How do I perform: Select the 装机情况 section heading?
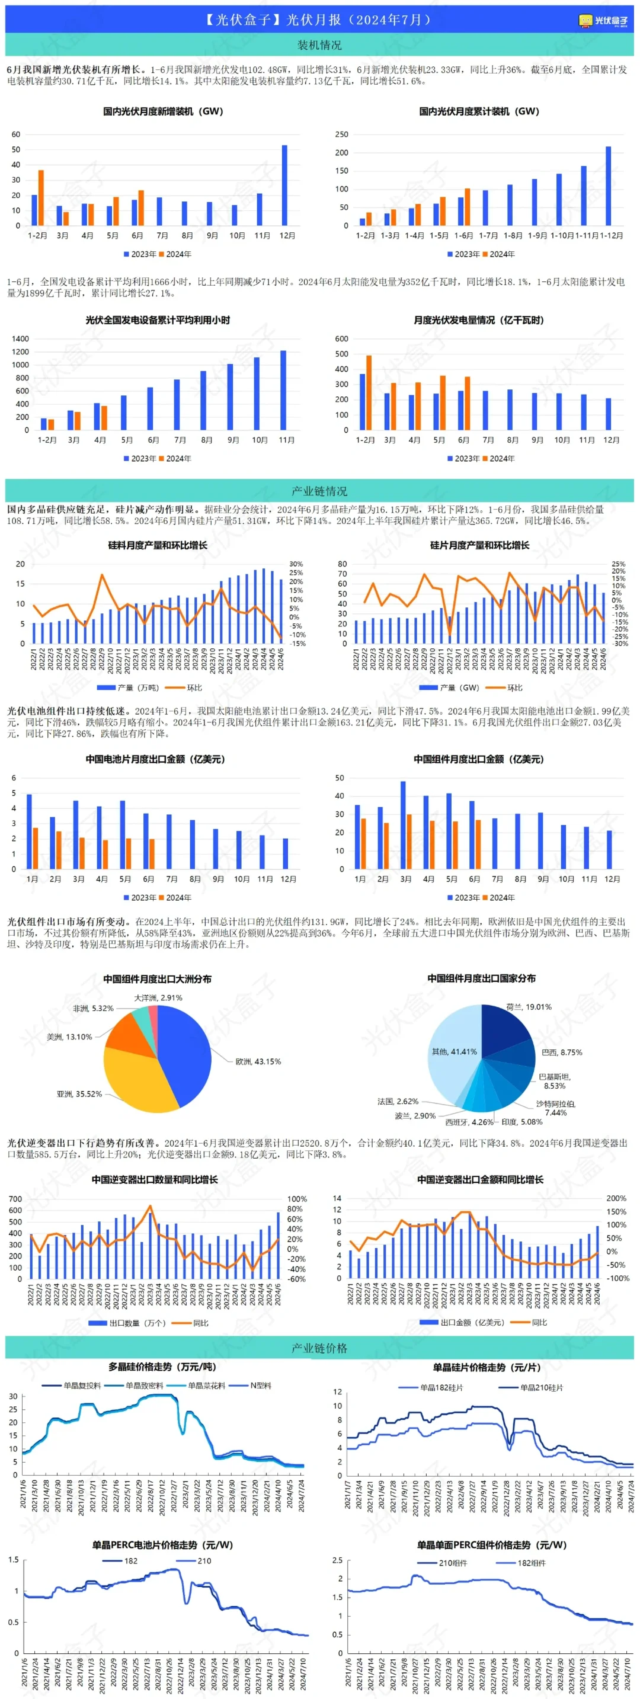click(x=319, y=45)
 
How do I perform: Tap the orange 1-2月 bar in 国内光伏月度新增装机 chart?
click(x=41, y=198)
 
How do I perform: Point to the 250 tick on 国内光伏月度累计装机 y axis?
click(x=341, y=135)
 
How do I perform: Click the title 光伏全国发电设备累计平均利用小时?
click(x=158, y=320)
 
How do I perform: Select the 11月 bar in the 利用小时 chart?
click(x=283, y=390)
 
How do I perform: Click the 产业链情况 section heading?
click(x=319, y=491)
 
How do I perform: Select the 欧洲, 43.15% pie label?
click(x=258, y=1061)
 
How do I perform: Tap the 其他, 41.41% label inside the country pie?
click(x=454, y=1051)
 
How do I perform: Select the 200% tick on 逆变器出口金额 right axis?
click(x=616, y=1198)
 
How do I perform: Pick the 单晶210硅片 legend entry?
click(x=541, y=1387)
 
